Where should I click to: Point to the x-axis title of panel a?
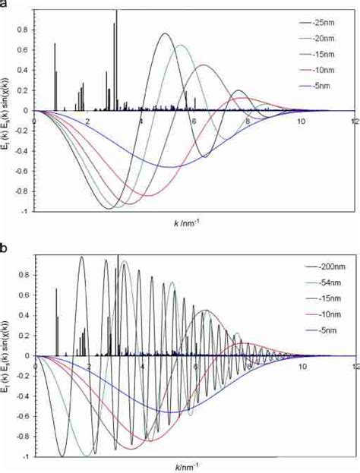coord(186,224)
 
